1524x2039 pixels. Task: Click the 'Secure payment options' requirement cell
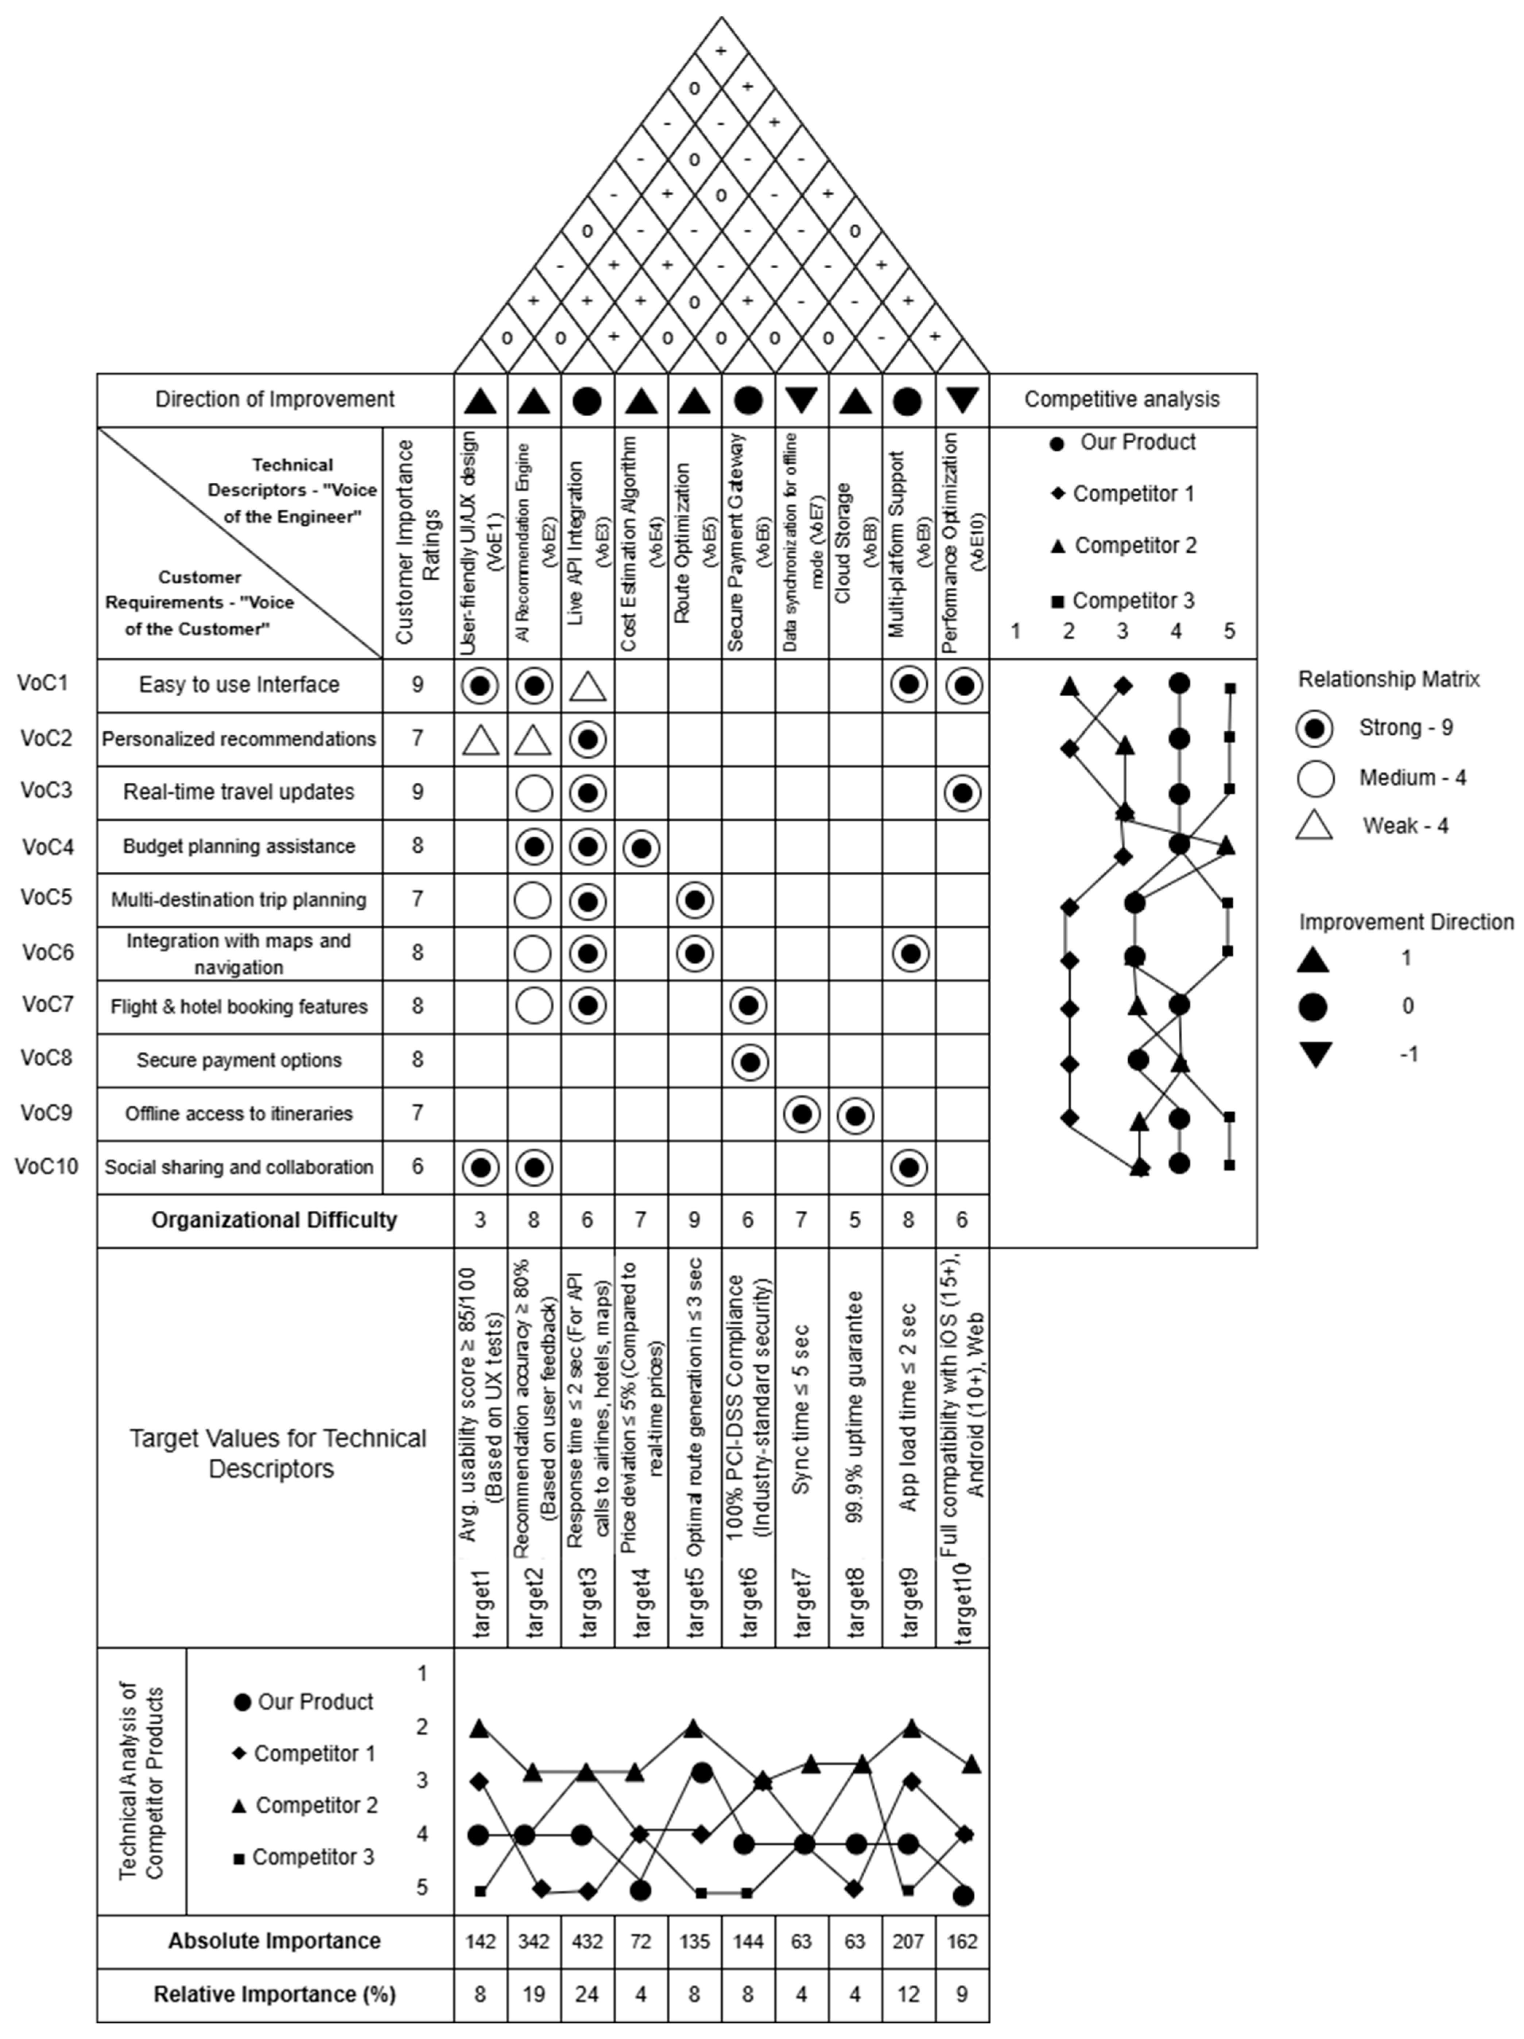(239, 1060)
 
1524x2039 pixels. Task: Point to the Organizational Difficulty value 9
(694, 1219)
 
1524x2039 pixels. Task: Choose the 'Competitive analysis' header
(1121, 399)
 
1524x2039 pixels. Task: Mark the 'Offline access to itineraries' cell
(239, 1113)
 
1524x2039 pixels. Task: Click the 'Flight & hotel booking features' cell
(239, 1007)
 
